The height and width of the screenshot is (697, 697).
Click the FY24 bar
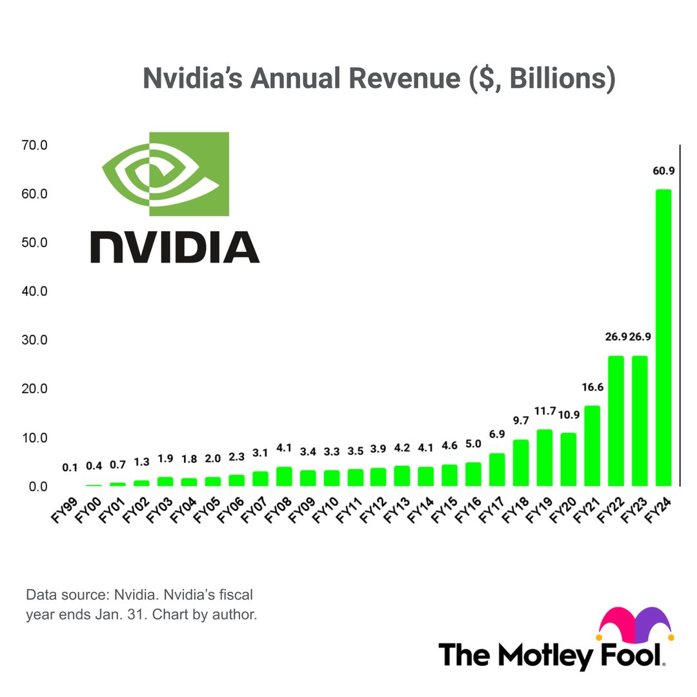663,338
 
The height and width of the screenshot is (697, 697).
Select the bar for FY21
592,445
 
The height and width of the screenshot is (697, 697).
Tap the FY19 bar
545,458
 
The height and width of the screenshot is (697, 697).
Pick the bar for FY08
284,476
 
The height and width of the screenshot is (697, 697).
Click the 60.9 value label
663,170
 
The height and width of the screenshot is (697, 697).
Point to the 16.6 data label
592,387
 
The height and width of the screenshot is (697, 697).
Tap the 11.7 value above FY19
545,410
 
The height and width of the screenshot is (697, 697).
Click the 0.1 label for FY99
70,468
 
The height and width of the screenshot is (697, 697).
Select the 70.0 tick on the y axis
34,145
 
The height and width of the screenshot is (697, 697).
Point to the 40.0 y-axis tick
34,291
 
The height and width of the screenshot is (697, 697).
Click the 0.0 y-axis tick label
38,487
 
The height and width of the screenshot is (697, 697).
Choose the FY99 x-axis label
65,510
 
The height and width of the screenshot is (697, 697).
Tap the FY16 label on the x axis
468,510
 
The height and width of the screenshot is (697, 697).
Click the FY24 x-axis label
658,510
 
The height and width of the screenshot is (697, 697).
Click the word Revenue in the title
404,78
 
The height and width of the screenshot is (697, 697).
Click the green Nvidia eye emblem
165,174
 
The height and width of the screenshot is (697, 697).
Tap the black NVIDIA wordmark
175,247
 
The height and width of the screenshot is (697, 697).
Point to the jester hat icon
636,625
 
